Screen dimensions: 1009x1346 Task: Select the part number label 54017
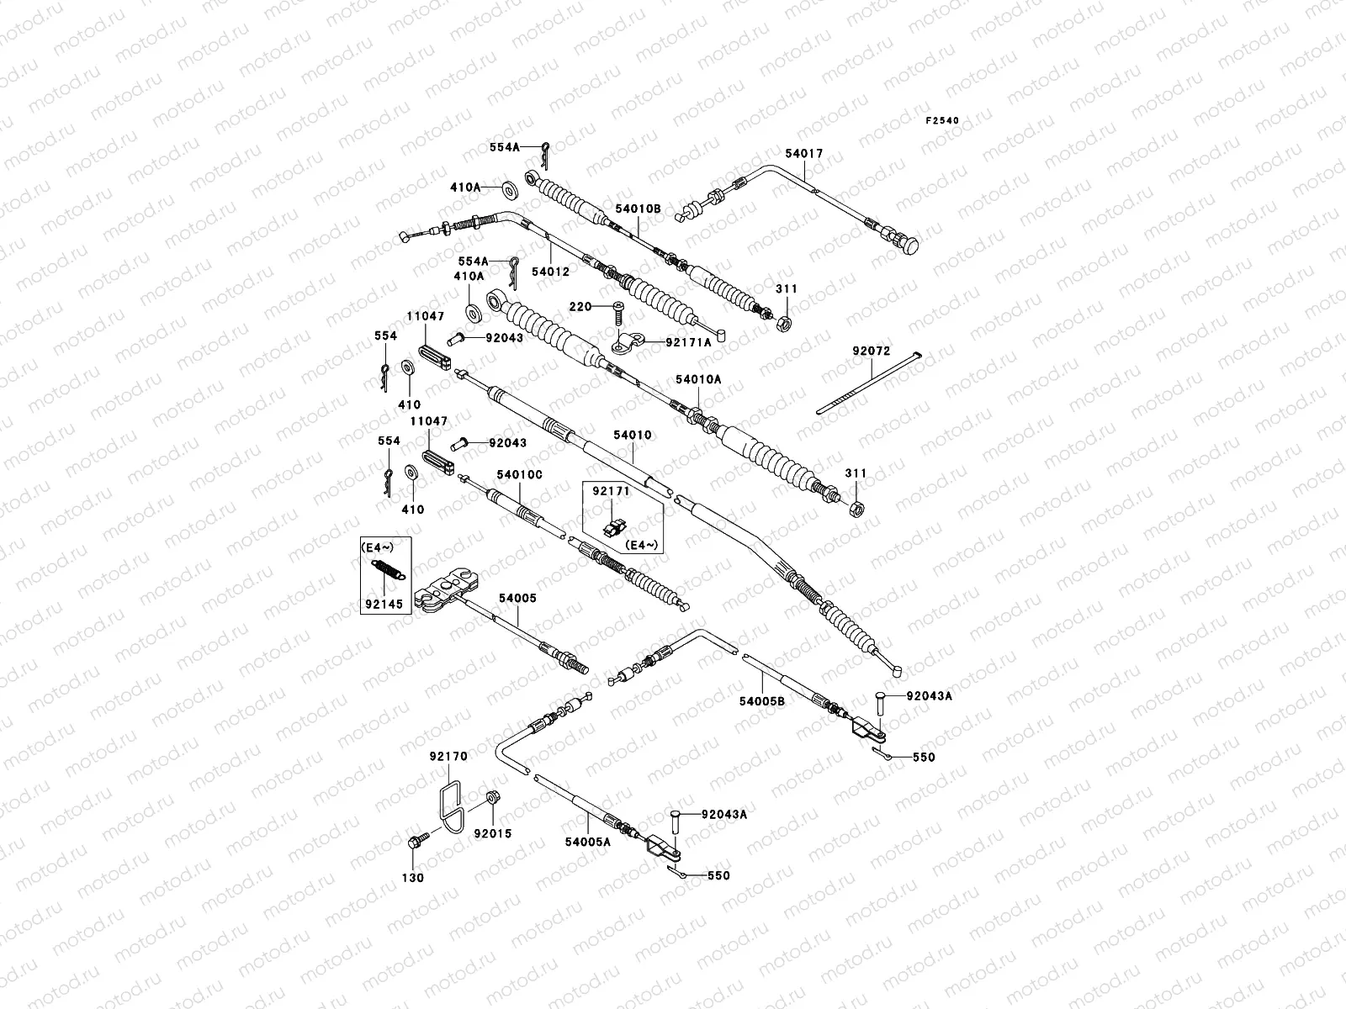pyautogui.click(x=803, y=154)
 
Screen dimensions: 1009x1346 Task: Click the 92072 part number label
pyautogui.click(x=871, y=351)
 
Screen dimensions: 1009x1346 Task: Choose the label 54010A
pyautogui.click(x=698, y=379)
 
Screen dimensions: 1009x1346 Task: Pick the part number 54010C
pyautogui.click(x=519, y=475)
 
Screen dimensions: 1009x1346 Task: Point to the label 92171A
pyautogui.click(x=688, y=342)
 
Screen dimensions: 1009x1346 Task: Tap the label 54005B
pyautogui.click(x=762, y=700)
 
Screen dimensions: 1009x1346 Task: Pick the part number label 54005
pyautogui.click(x=517, y=598)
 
